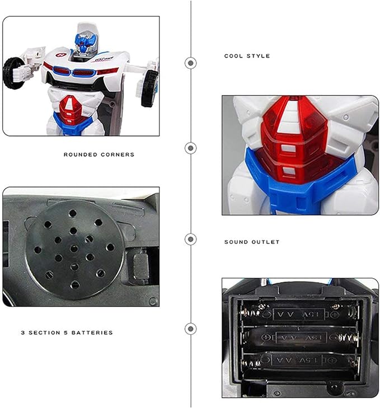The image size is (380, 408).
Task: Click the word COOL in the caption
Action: click(233, 56)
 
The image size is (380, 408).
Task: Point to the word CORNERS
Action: click(117, 154)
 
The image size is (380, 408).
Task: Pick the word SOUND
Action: click(236, 242)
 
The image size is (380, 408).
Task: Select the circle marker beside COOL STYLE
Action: click(191, 63)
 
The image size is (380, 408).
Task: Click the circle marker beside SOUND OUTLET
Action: click(191, 239)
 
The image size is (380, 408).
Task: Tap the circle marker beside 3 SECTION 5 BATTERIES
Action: click(191, 329)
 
